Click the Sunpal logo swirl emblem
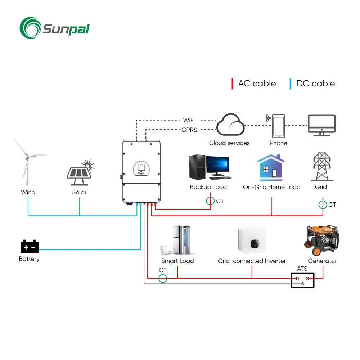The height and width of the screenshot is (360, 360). (30, 28)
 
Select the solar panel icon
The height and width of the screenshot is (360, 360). (80, 172)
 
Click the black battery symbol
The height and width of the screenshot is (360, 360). (30, 246)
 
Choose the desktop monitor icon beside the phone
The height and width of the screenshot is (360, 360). (321, 125)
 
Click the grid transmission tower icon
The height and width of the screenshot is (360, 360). (322, 166)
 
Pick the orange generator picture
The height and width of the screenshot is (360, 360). (321, 240)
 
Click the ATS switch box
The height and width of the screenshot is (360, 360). (302, 280)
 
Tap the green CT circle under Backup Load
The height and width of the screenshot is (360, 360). (210, 201)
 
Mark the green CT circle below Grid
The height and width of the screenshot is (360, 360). (323, 204)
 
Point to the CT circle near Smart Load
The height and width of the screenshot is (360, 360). (163, 279)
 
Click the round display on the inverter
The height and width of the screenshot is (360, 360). (141, 169)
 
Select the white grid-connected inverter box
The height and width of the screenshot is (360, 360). (252, 239)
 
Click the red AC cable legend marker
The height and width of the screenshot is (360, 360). (232, 84)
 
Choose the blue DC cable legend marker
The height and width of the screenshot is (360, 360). (291, 84)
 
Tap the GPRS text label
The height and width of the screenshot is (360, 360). (189, 130)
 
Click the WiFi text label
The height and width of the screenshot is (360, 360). (189, 120)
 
